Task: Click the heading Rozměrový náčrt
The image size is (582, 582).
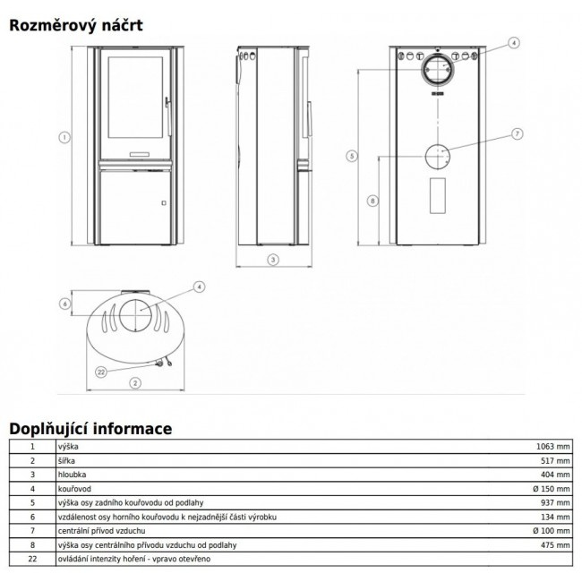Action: click(76, 25)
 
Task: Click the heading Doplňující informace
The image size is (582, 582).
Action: click(90, 429)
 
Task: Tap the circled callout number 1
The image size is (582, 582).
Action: click(64, 138)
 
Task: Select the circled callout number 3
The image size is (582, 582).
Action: click(273, 260)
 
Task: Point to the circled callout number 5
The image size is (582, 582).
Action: click(352, 156)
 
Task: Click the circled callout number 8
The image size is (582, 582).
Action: click(372, 201)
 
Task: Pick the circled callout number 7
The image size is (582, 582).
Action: click(517, 133)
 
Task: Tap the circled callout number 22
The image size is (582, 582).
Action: click(101, 372)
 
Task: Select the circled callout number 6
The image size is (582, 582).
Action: click(65, 304)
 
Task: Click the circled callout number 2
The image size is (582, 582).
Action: click(135, 383)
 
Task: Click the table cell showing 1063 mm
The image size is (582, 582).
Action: click(552, 447)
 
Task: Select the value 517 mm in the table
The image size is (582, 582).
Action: click(555, 460)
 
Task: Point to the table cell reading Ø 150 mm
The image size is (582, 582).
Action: click(552, 489)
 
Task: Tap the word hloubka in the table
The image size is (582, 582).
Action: click(72, 475)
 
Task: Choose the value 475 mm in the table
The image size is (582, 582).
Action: click(555, 545)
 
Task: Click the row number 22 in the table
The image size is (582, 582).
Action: click(32, 559)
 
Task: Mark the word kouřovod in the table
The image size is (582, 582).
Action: click(74, 489)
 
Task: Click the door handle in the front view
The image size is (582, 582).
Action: click(168, 116)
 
